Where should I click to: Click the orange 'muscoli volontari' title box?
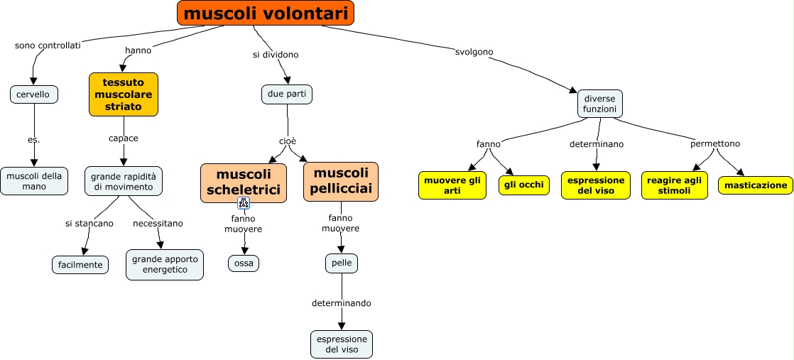click(x=265, y=13)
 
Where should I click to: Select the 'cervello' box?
click(x=33, y=94)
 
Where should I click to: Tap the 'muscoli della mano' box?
click(x=34, y=181)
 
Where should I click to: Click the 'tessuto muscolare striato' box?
click(x=124, y=94)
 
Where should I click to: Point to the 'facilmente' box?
click(x=80, y=265)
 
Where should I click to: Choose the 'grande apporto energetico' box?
click(x=165, y=264)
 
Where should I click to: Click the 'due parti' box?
click(x=287, y=94)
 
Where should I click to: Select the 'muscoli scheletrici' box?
click(x=244, y=182)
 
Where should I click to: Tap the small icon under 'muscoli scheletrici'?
click(x=244, y=204)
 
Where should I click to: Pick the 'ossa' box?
click(x=244, y=263)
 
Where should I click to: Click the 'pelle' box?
click(x=342, y=263)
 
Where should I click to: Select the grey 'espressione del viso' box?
click(x=342, y=344)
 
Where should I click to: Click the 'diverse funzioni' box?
click(x=600, y=104)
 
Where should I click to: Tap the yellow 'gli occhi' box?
click(x=524, y=185)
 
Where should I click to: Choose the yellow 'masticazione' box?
click(x=756, y=185)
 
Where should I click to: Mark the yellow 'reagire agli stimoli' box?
click(x=674, y=185)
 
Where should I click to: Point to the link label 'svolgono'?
click(x=474, y=52)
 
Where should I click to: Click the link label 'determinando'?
click(x=341, y=303)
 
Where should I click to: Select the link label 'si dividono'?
click(x=276, y=55)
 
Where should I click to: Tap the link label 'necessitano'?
click(x=158, y=223)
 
